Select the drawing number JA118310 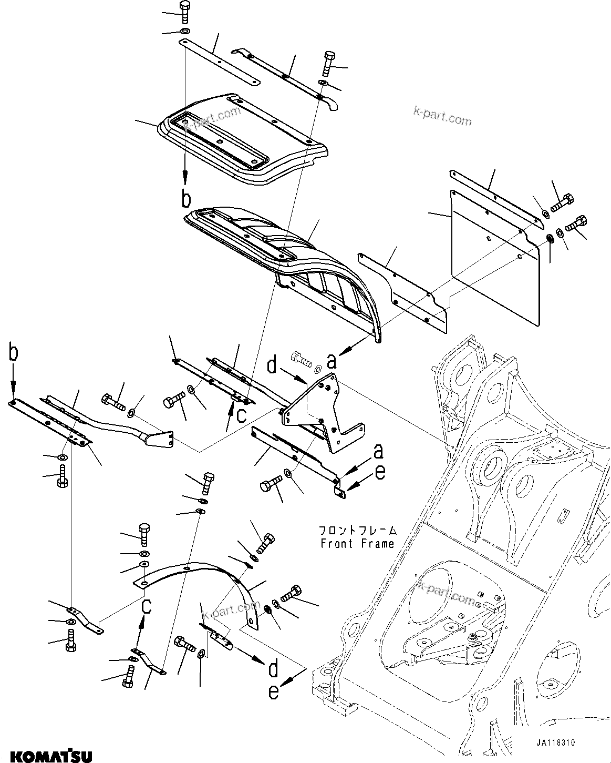556,743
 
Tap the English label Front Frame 357,544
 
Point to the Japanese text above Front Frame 357,530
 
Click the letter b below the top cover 185,199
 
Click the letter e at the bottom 274,691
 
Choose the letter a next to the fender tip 332,361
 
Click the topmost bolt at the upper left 184,11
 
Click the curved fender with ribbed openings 294,263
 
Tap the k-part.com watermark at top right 442,117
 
